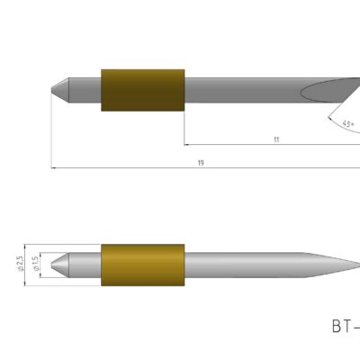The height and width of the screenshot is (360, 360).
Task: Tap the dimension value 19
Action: click(x=199, y=162)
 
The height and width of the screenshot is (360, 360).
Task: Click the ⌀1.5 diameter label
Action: click(x=35, y=263)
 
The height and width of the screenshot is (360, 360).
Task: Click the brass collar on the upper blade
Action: click(x=143, y=91)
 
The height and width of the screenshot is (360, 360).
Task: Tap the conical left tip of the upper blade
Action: click(x=58, y=91)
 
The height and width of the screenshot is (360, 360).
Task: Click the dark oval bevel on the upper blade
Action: click(x=333, y=90)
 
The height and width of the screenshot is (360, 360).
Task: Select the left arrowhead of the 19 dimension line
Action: click(x=55, y=167)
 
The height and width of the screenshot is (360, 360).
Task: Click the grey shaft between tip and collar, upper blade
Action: click(x=85, y=91)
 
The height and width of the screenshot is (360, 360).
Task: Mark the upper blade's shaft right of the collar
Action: click(x=243, y=91)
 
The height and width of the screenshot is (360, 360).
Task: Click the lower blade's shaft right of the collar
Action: click(x=243, y=267)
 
